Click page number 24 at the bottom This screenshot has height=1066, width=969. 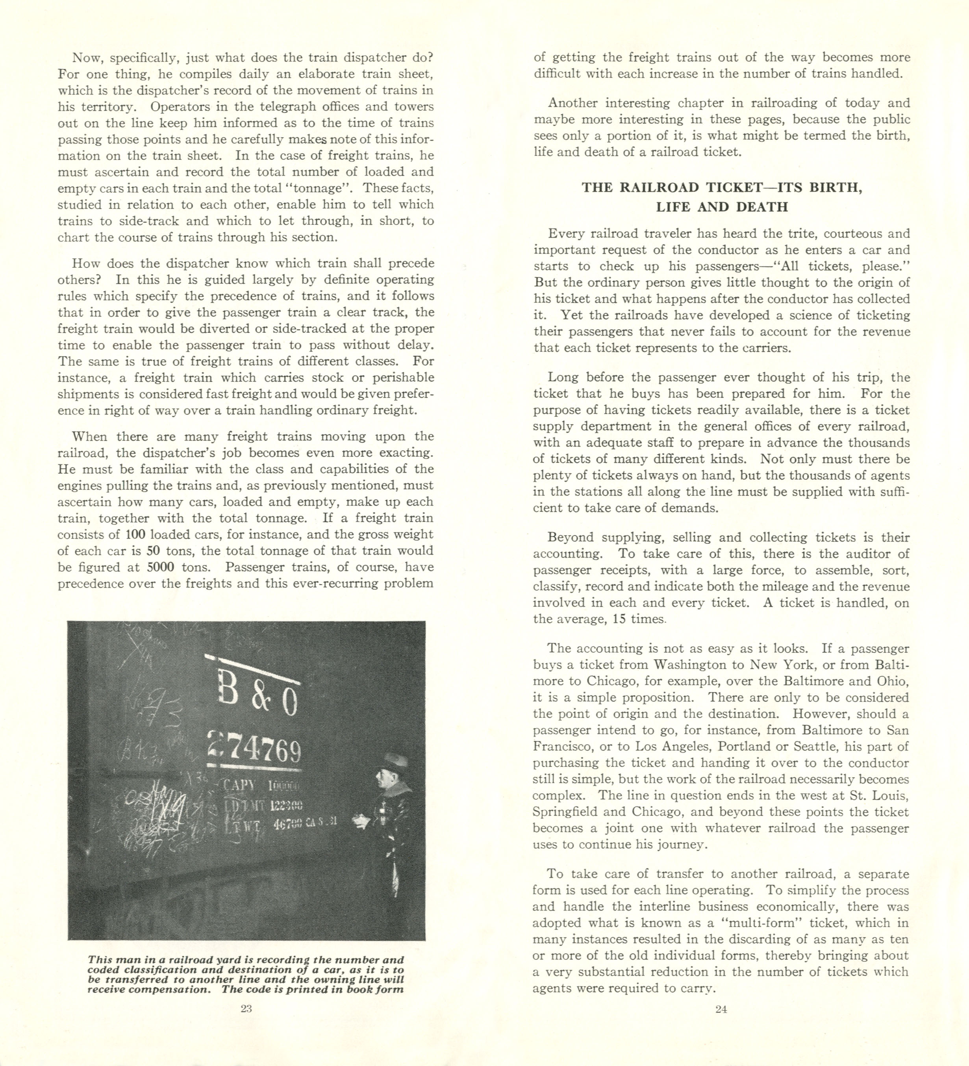click(x=721, y=1009)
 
